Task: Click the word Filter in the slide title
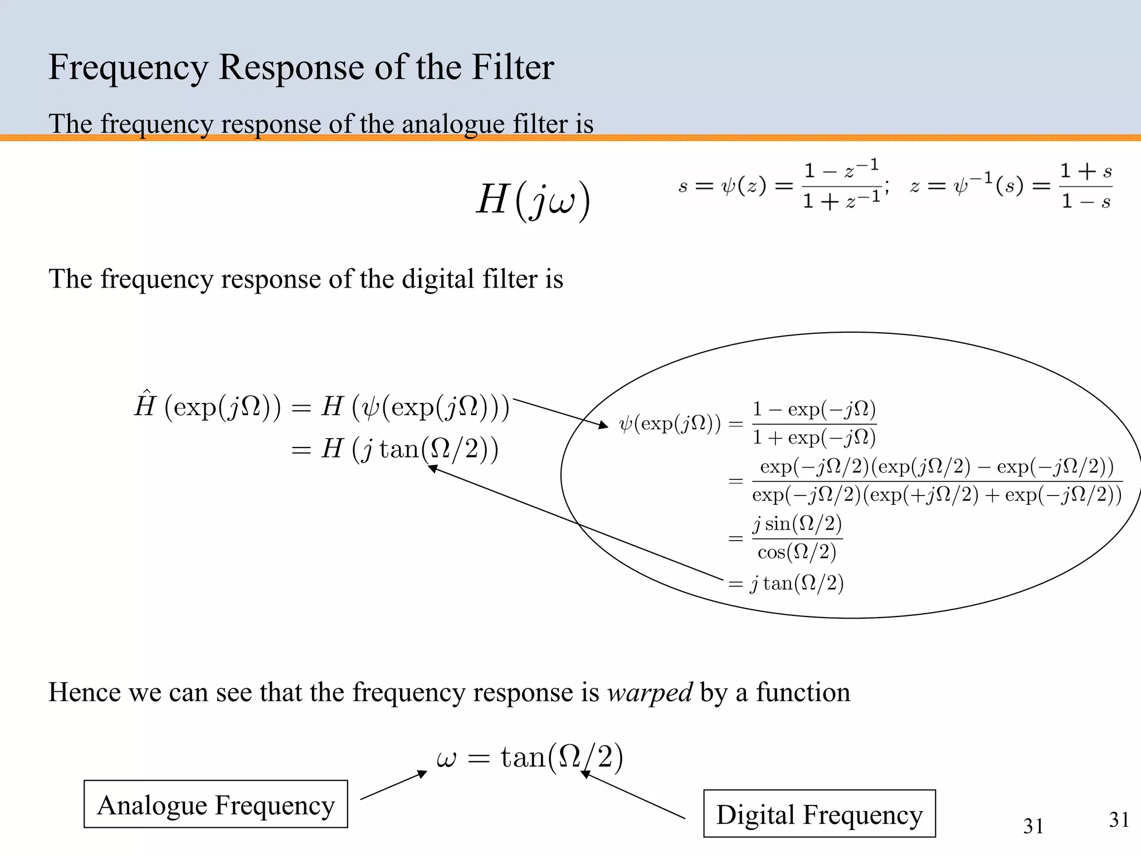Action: coord(513,67)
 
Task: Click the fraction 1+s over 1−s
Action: coord(1085,186)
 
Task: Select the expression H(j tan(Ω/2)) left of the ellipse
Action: coord(409,449)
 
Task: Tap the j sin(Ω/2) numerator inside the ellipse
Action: coord(797,524)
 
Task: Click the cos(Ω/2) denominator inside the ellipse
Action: coord(797,552)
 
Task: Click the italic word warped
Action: coord(650,693)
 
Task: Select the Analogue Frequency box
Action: coord(216,804)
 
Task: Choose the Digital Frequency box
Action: coord(819,814)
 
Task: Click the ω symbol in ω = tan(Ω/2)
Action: coord(446,758)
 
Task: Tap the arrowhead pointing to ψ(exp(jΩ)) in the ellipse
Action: coord(604,425)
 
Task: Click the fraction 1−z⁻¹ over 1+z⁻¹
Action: coord(841,186)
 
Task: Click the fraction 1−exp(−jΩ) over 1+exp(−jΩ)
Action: coord(814,424)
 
